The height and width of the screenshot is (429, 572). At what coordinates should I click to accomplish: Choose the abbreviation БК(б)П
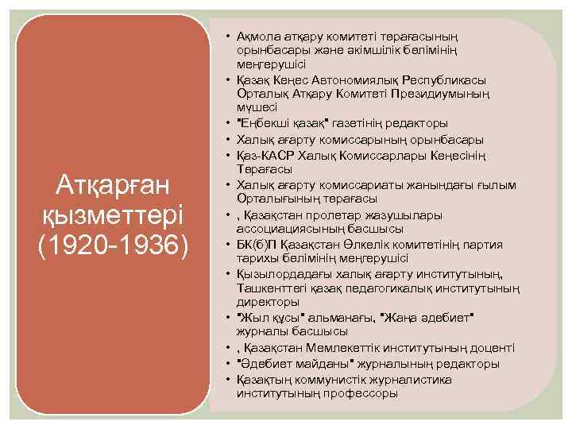(x=257, y=244)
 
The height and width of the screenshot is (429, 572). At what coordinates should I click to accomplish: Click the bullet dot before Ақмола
(x=227, y=36)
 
